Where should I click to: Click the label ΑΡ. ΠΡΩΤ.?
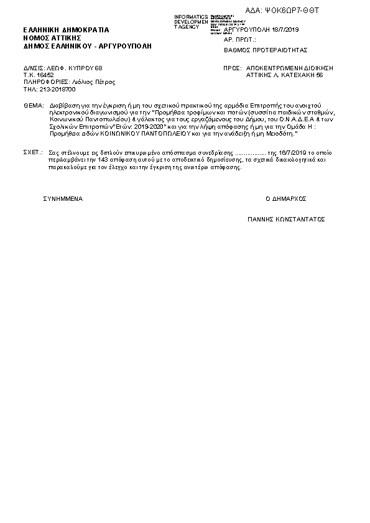click(239, 39)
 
